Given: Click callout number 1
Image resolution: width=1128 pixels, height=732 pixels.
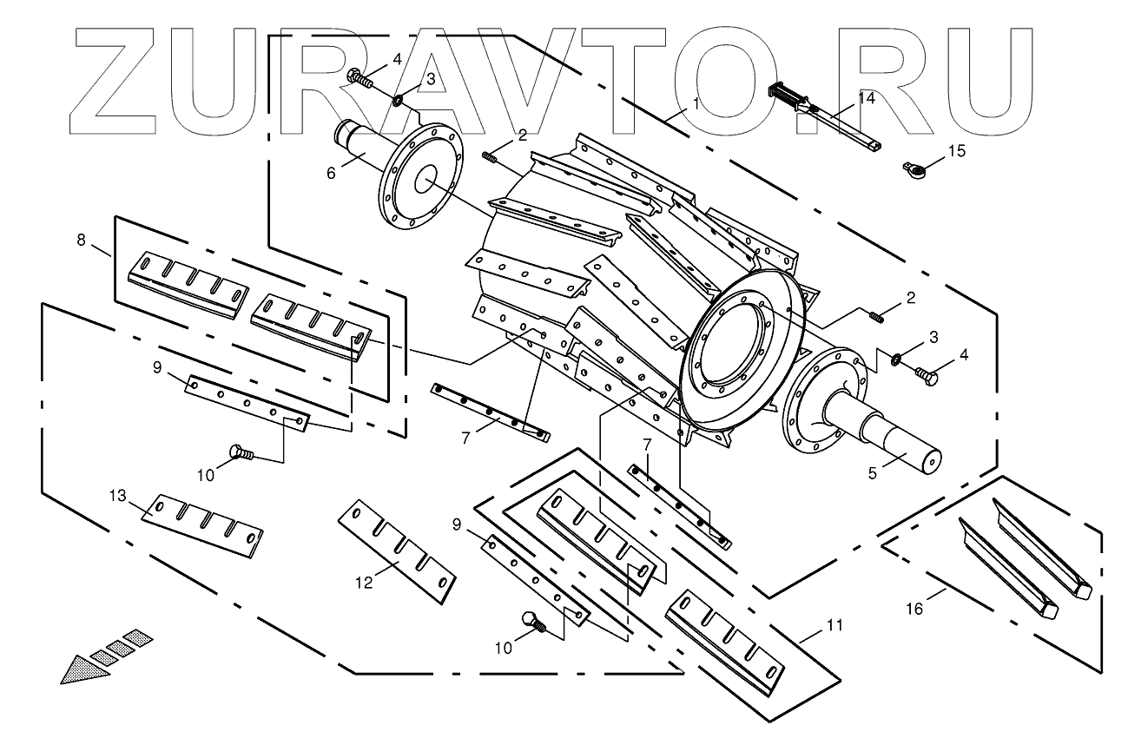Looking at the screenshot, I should pyautogui.click(x=696, y=102).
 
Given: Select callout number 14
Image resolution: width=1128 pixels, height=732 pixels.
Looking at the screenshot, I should pyautogui.click(x=867, y=99).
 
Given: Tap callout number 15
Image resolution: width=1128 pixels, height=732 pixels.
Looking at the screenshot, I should pyautogui.click(x=956, y=151).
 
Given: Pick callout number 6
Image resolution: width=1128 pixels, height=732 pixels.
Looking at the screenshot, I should pyautogui.click(x=331, y=174).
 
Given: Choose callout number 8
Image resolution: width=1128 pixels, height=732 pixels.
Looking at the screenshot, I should pyautogui.click(x=82, y=241).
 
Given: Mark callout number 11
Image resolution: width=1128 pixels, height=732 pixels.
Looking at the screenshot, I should pyautogui.click(x=834, y=624).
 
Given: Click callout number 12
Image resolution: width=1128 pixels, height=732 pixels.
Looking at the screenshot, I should pyautogui.click(x=365, y=583).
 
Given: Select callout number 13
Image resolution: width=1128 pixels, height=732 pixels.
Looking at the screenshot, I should pyautogui.click(x=117, y=496).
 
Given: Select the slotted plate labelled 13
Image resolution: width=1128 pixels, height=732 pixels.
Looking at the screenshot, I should pyautogui.click(x=202, y=524).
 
